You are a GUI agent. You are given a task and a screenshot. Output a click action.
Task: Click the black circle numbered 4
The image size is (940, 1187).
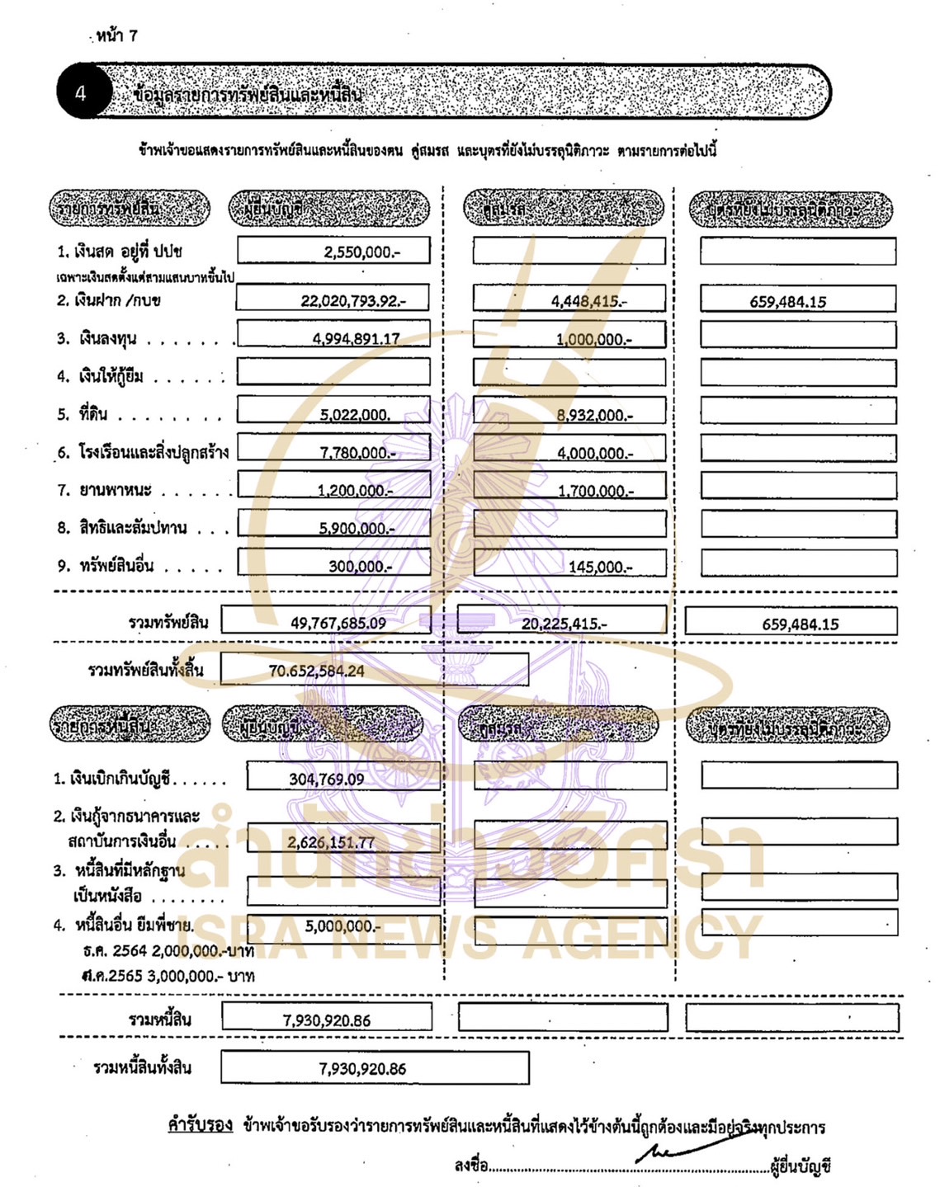point(81,92)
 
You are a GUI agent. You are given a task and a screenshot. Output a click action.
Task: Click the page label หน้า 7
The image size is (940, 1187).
point(116,35)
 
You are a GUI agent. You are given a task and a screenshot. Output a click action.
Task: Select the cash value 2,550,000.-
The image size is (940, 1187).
point(361,252)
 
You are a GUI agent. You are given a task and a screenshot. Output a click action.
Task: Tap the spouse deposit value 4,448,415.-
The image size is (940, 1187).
point(588,301)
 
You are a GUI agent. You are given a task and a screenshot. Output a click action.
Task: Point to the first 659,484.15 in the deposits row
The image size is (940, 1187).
point(787,302)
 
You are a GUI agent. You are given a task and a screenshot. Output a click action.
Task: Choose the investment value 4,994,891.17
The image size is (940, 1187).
point(356,338)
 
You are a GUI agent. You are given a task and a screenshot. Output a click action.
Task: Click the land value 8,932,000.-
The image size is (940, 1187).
point(594,415)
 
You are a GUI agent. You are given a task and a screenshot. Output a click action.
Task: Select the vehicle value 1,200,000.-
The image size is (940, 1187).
point(355,491)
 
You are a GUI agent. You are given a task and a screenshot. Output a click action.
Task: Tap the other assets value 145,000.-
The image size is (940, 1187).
point(600,567)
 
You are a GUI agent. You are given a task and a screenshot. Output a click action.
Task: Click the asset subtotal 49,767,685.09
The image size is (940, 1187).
point(338,624)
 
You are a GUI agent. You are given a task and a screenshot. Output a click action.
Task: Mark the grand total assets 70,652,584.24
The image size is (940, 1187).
point(316,671)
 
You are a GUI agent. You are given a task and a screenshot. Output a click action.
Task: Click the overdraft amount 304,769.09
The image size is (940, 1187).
point(326,780)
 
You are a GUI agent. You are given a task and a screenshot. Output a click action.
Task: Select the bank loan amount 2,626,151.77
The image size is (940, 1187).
point(330,842)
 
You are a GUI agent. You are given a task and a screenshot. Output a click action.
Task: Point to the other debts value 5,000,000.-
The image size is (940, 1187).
point(342,926)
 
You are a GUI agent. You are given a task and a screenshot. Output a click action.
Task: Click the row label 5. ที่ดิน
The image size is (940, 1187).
point(83,414)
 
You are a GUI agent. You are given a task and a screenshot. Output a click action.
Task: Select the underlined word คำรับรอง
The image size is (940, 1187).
point(200,1125)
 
